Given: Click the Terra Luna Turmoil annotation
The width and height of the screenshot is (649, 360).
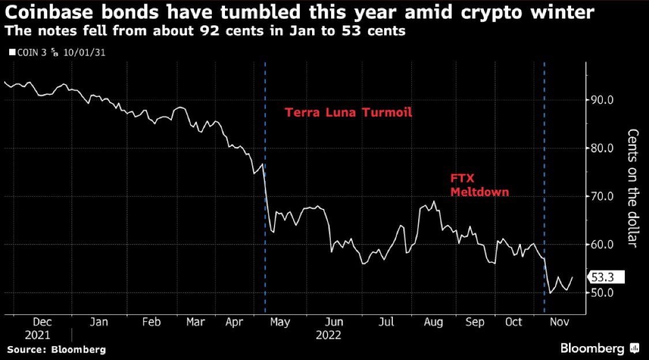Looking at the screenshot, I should pyautogui.click(x=348, y=112).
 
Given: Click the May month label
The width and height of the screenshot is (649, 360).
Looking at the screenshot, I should pyautogui.click(x=280, y=322).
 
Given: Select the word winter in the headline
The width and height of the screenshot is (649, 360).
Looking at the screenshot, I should pyautogui.click(x=568, y=12).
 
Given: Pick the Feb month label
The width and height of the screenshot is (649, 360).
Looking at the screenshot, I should pyautogui.click(x=151, y=322).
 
